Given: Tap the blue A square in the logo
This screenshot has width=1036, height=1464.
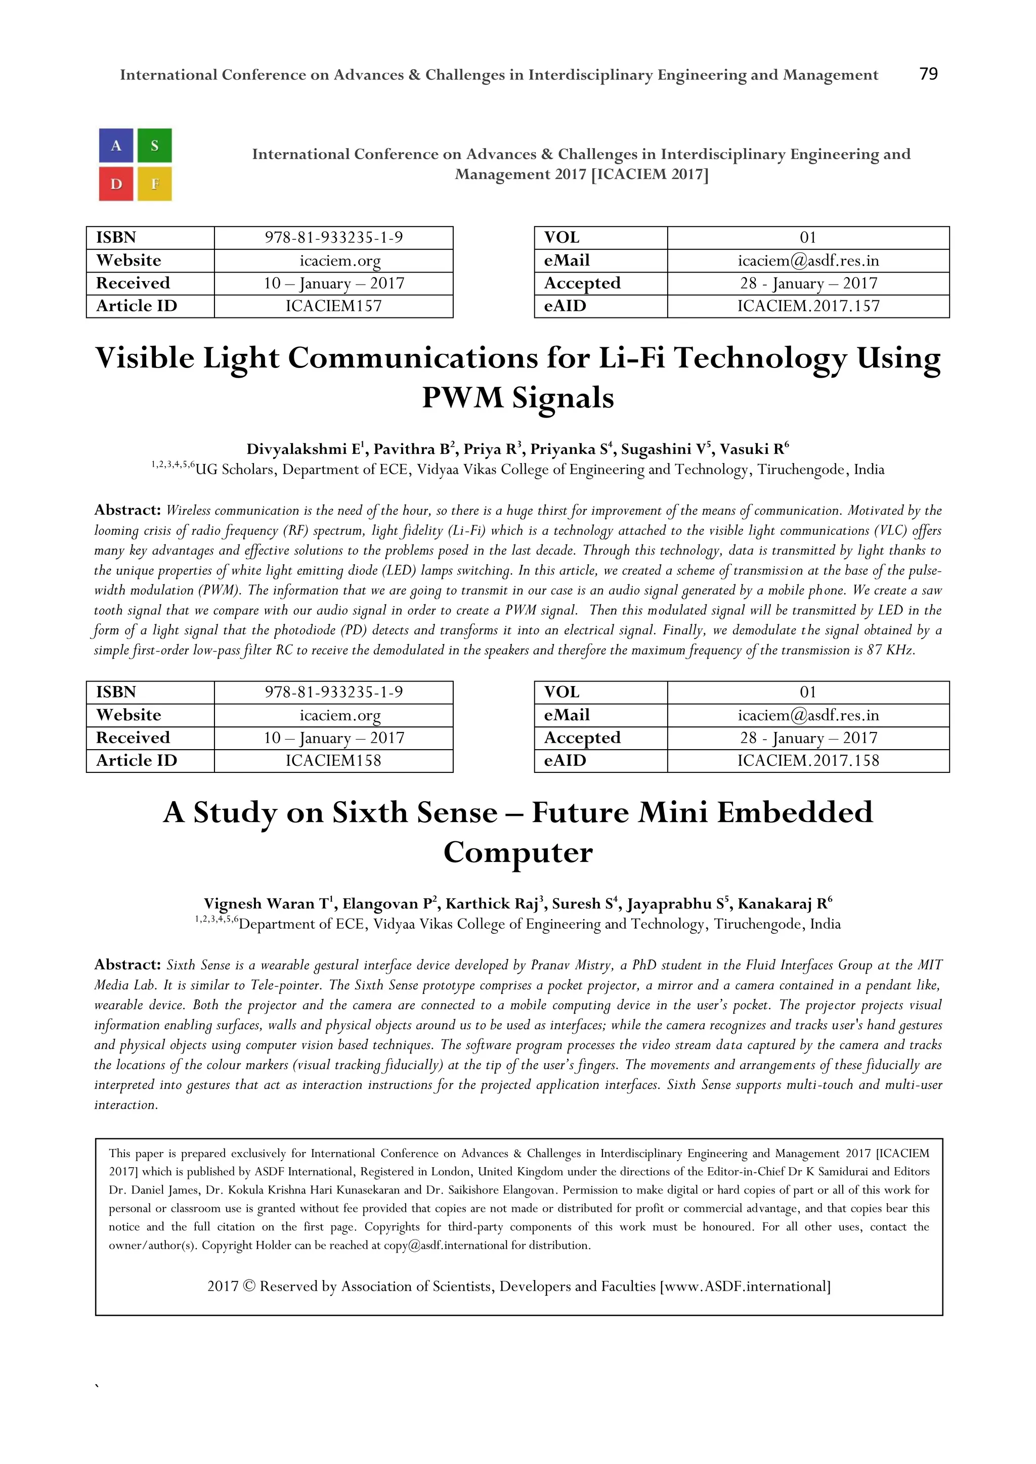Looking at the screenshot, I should tap(116, 146).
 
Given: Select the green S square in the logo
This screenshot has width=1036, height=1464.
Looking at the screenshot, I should tap(154, 146).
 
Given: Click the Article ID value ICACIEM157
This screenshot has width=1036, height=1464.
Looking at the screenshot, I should tap(334, 306).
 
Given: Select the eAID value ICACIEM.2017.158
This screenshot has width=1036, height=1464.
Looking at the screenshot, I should tap(808, 761).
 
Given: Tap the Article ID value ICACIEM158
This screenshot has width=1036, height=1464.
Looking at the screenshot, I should tap(334, 761).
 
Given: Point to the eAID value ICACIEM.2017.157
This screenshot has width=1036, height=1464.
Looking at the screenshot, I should tap(808, 306).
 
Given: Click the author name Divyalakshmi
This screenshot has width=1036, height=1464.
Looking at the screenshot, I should tap(296, 449).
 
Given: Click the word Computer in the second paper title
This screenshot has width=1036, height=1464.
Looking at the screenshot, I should tap(518, 852).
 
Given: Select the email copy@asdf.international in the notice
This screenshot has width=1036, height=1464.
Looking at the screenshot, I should tap(445, 1245).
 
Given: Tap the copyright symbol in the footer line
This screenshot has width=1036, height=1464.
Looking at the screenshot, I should tap(249, 1286).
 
